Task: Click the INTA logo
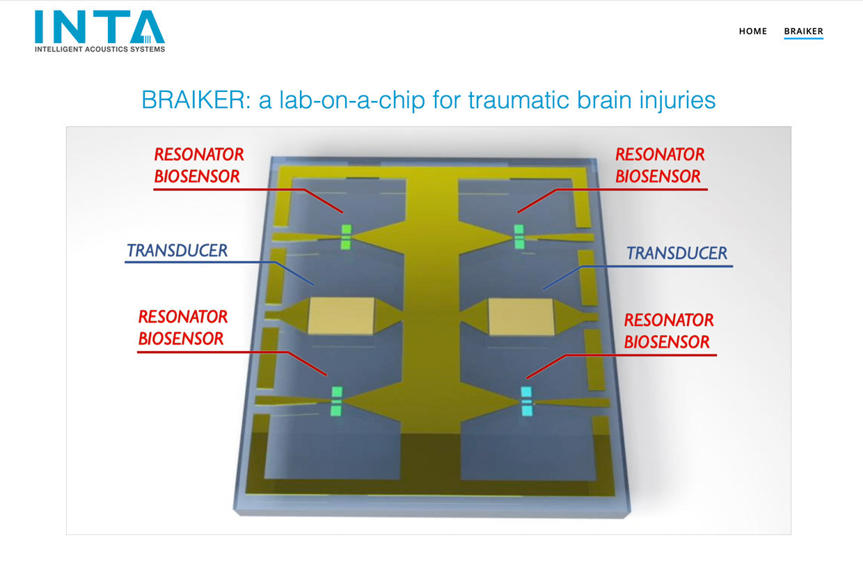click(100, 31)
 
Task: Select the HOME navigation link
click(753, 31)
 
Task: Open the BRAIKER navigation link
click(804, 31)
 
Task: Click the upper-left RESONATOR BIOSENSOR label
click(199, 165)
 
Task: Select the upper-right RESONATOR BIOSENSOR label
click(660, 165)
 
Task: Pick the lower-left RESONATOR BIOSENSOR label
click(182, 328)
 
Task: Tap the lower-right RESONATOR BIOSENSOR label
click(668, 331)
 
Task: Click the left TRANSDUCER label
click(177, 251)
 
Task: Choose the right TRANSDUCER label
click(676, 254)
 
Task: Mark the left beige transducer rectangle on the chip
click(341, 316)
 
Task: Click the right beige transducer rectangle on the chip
click(521, 317)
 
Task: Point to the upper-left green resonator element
click(346, 237)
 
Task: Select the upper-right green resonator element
click(519, 237)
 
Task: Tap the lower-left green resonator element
click(336, 402)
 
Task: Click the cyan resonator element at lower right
click(527, 402)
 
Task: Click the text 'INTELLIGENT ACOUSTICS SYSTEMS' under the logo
click(100, 49)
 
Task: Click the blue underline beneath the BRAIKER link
click(804, 38)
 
